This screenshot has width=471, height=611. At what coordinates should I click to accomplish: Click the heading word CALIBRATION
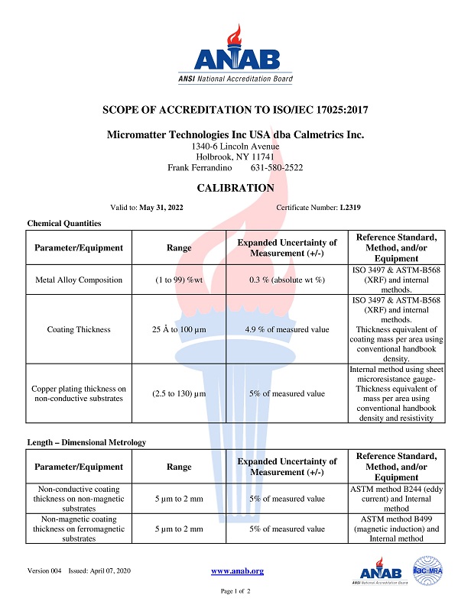pos(235,188)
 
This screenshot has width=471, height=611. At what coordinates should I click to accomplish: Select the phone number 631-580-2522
pos(277,167)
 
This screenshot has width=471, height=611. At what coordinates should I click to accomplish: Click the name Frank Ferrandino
pos(200,167)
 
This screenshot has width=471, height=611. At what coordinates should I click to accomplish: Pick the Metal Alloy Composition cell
pos(79,280)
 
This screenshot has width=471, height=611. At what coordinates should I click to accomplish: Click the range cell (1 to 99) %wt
pos(180,280)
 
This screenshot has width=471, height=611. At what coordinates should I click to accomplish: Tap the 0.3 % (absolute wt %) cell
pos(287,280)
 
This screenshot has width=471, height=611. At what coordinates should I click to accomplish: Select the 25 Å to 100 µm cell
pos(180,329)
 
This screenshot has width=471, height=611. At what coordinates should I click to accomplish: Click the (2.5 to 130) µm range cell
pos(180,394)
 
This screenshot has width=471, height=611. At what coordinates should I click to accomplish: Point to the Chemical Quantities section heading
pos(64,223)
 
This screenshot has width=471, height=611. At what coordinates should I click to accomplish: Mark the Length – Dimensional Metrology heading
pos(86,442)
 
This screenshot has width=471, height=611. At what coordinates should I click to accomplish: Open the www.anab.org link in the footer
pos(237,571)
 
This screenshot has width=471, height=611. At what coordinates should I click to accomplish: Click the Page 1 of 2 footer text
pos(235,592)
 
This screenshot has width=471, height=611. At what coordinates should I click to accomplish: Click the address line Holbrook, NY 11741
pos(235,157)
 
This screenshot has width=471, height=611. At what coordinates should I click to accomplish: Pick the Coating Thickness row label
pos(79,329)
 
